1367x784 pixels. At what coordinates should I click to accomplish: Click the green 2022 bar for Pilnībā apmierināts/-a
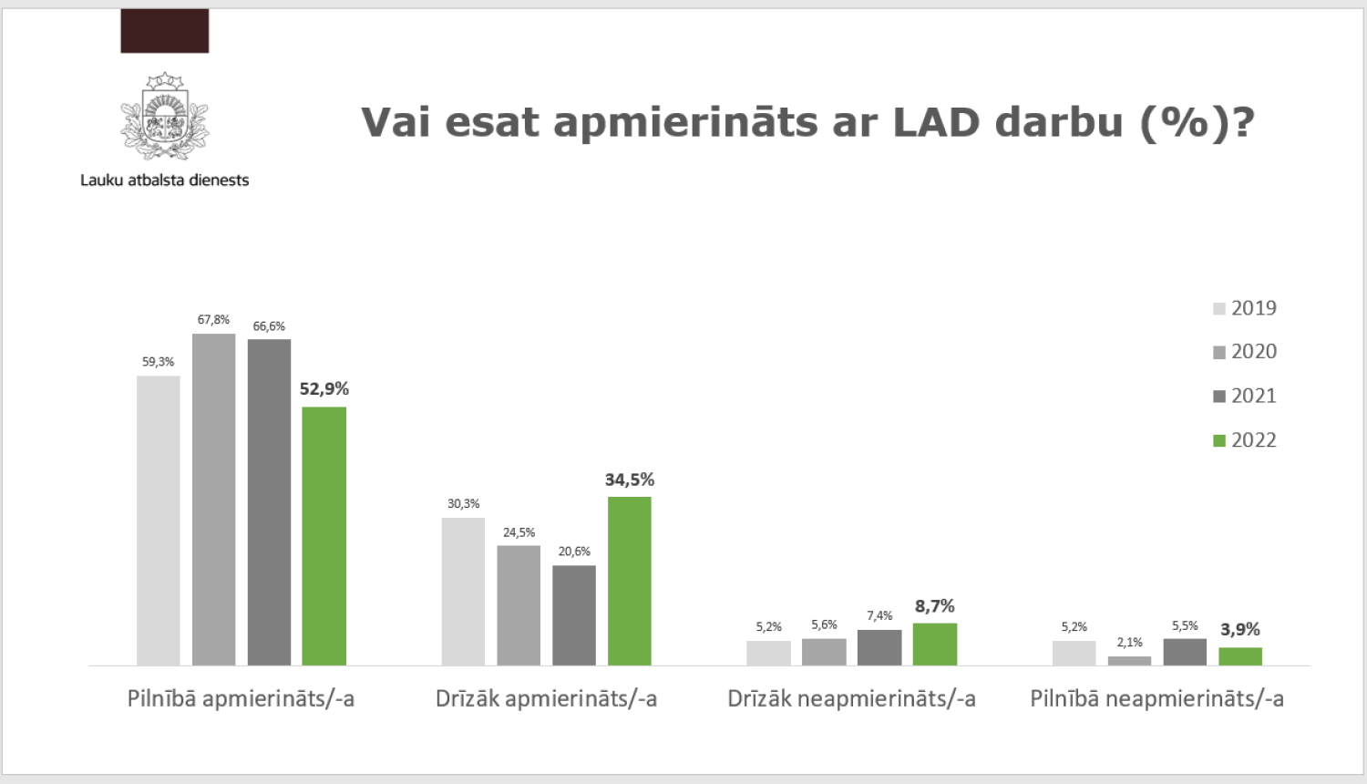point(324,536)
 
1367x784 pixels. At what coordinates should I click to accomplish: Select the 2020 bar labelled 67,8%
point(213,500)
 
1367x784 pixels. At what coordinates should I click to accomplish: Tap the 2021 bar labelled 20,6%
point(574,615)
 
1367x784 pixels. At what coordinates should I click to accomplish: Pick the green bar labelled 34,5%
point(630,581)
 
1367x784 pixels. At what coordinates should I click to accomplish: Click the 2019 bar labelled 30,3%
point(463,592)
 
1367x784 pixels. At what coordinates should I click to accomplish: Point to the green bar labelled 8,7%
point(935,645)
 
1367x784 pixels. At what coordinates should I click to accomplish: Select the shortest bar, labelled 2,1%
point(1129,661)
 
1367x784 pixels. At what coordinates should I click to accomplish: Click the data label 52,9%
point(324,389)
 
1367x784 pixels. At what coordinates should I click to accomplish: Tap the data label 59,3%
point(158,362)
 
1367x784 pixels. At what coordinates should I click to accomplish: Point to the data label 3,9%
point(1240,630)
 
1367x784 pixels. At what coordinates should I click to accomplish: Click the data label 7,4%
point(879,616)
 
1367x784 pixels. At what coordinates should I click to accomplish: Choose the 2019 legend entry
point(1245,308)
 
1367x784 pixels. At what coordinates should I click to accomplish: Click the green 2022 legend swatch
point(1219,441)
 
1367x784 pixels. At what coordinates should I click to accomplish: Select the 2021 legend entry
point(1245,396)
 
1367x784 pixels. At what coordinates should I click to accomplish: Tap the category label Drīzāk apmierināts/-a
point(546,699)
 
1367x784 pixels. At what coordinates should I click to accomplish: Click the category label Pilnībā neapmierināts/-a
point(1156,699)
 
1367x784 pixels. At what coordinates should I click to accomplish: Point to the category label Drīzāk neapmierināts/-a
point(851,699)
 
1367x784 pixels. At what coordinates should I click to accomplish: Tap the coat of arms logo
point(165,116)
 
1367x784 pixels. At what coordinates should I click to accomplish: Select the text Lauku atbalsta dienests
point(165,181)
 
